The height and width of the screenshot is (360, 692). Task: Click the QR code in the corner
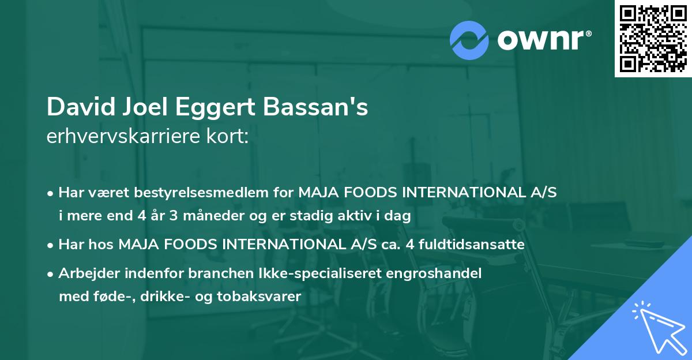653,39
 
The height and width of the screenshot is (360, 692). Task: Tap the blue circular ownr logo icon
469,40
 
